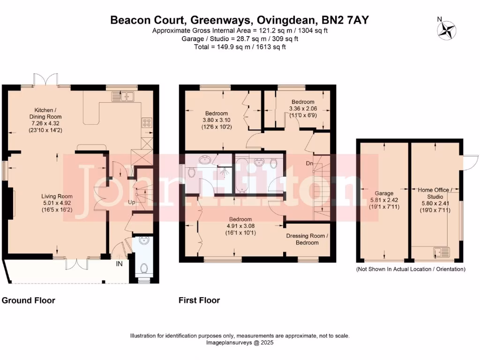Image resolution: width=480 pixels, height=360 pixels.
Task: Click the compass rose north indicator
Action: pyautogui.click(x=446, y=30)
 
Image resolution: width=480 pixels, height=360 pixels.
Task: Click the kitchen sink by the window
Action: pyautogui.click(x=123, y=97)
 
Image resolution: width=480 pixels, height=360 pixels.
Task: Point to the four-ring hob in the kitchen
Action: pyautogui.click(x=146, y=122)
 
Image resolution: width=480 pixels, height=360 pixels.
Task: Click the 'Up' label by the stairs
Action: pyautogui.click(x=132, y=202)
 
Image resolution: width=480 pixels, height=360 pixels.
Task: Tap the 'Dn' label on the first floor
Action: pyautogui.click(x=309, y=164)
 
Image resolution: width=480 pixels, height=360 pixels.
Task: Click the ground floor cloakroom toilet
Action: pyautogui.click(x=144, y=269)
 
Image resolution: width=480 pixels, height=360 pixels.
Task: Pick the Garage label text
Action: pyautogui.click(x=384, y=193)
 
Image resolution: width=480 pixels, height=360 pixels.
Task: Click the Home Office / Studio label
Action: pyautogui.click(x=435, y=193)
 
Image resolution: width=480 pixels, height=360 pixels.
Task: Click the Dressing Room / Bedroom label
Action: pyautogui.click(x=307, y=239)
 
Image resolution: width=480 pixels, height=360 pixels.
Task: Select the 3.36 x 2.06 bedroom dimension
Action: pyautogui.click(x=303, y=109)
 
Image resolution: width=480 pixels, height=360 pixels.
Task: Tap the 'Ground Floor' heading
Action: pyautogui.click(x=29, y=300)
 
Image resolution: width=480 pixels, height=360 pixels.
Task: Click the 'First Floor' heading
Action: pyautogui.click(x=199, y=300)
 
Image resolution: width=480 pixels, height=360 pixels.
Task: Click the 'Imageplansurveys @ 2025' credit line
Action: pyautogui.click(x=240, y=343)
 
